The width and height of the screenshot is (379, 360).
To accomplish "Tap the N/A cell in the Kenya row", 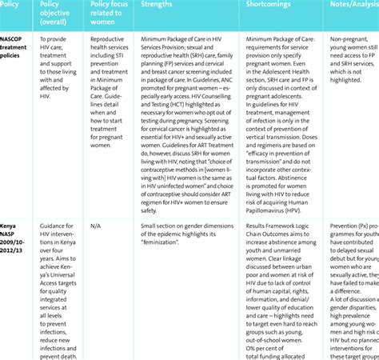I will pos(94,226).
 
